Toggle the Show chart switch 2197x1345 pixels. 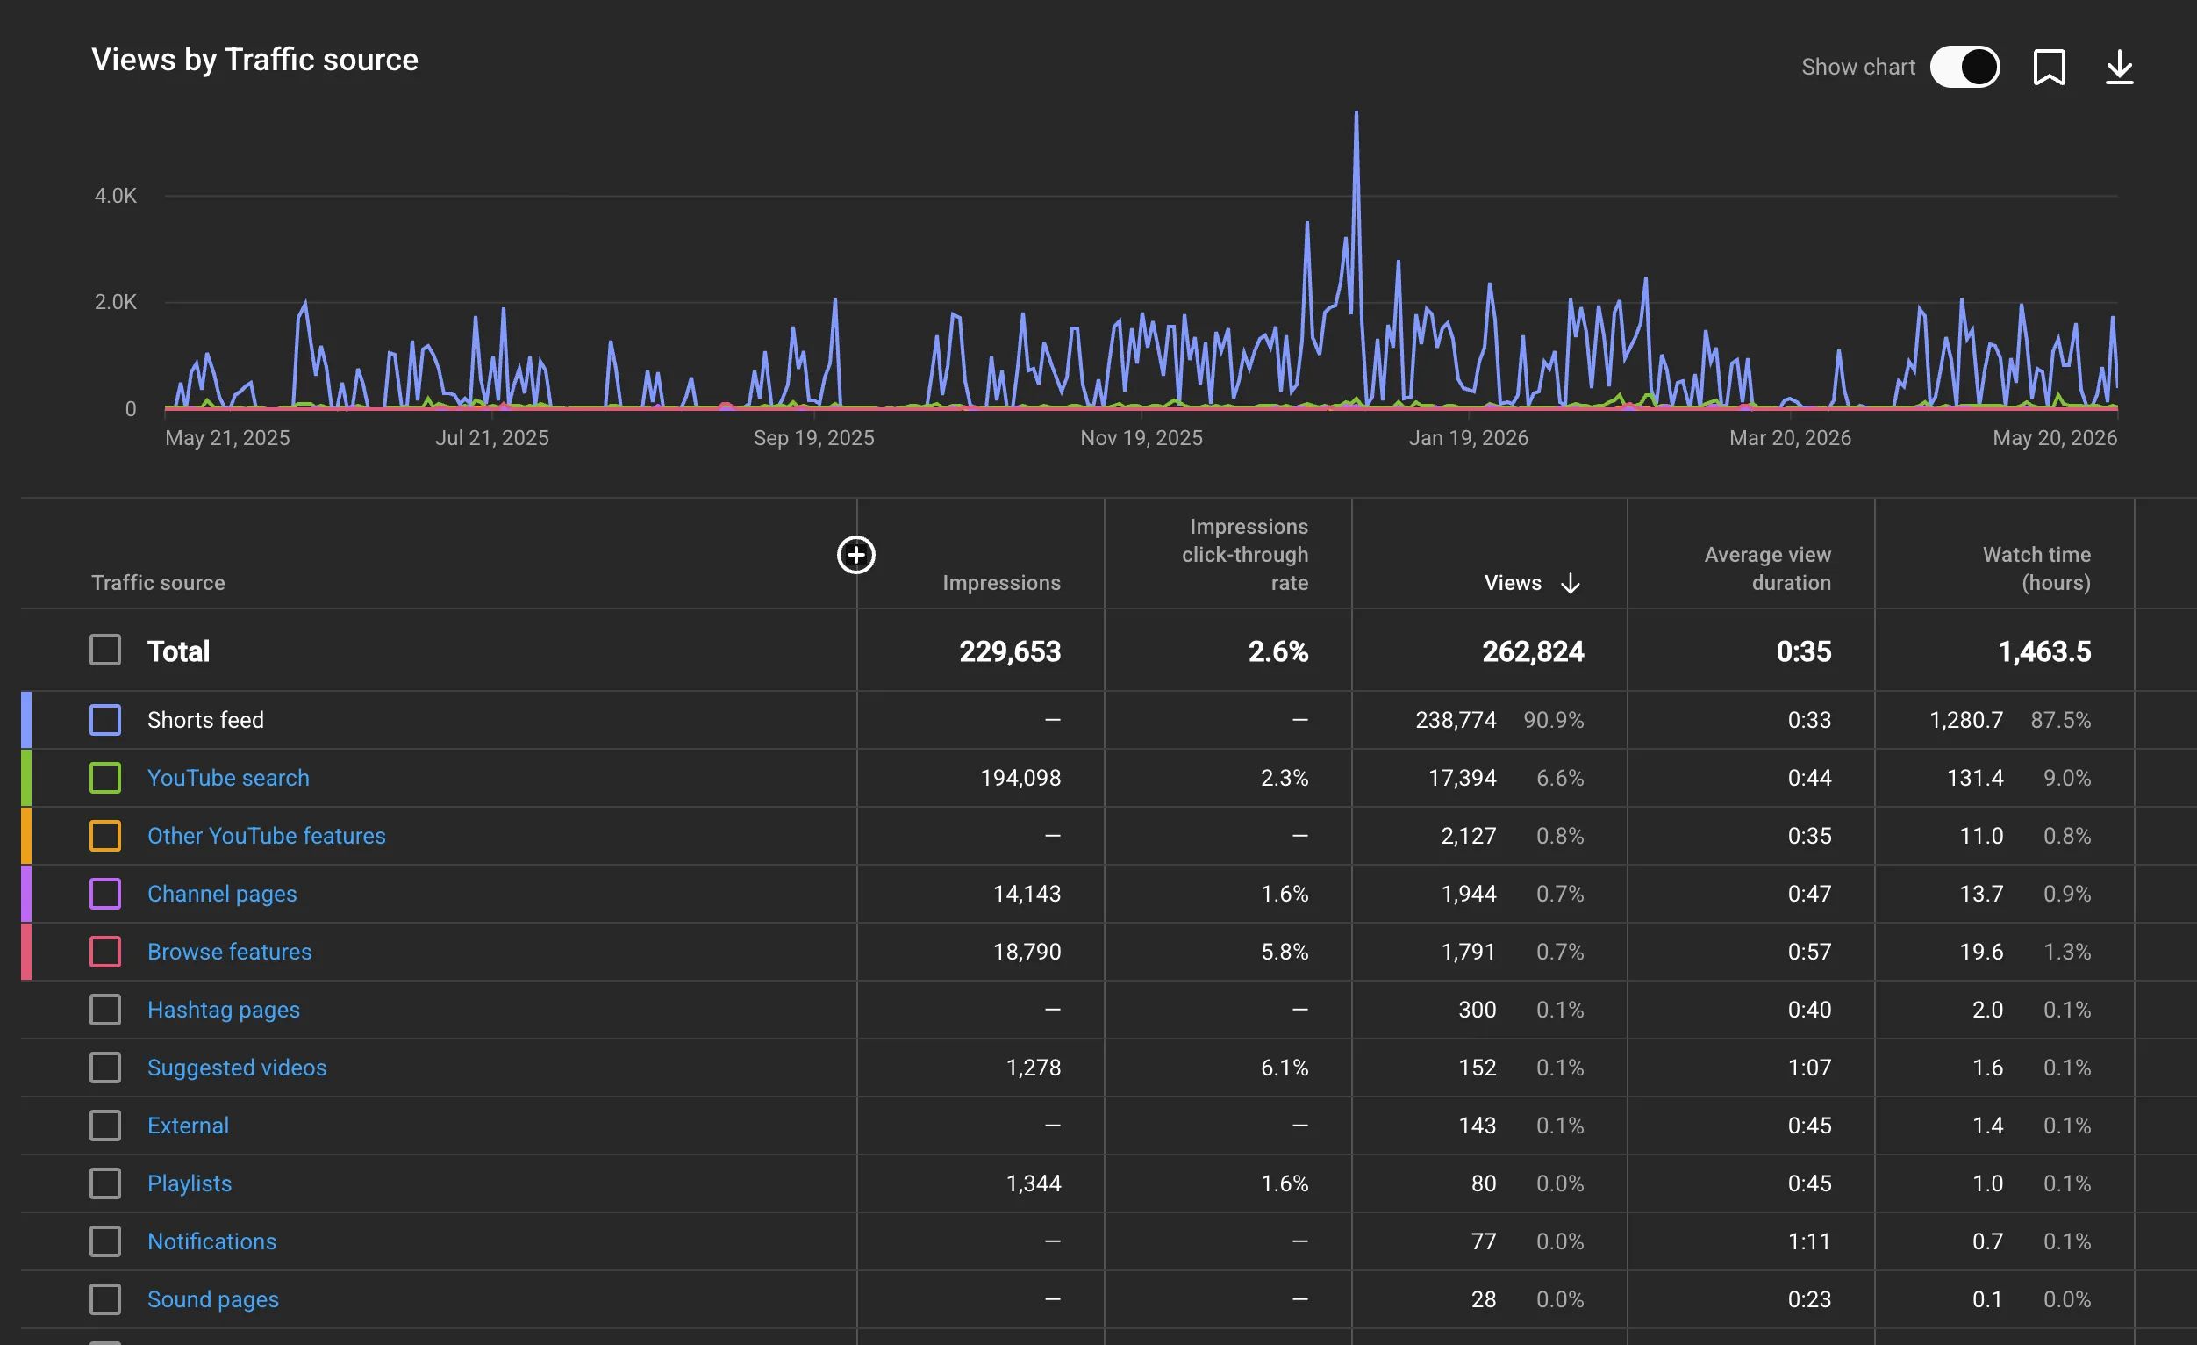pyautogui.click(x=1964, y=67)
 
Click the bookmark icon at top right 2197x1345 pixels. pyautogui.click(x=2049, y=67)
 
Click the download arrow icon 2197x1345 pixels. pyautogui.click(x=2119, y=67)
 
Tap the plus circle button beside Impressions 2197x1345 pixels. pyautogui.click(x=856, y=555)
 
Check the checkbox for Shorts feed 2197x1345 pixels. pyautogui.click(x=105, y=720)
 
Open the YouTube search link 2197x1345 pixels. pyautogui.click(x=228, y=778)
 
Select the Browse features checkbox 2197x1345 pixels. pyautogui.click(x=105, y=952)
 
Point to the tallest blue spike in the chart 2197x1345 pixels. pyautogui.click(x=1356, y=113)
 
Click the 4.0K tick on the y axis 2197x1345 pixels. pyautogui.click(x=116, y=195)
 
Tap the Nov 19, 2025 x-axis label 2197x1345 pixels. pyautogui.click(x=1141, y=438)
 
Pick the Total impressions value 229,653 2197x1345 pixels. pyautogui.click(x=1010, y=651)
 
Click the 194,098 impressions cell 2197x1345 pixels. pyautogui.click(x=1021, y=778)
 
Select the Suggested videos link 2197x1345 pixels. pyautogui.click(x=237, y=1068)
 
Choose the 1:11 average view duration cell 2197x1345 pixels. pyautogui.click(x=1809, y=1241)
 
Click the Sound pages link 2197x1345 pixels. pyautogui.click(x=213, y=1299)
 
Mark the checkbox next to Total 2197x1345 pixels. pyautogui.click(x=105, y=651)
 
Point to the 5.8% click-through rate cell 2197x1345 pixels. pyautogui.click(x=1285, y=952)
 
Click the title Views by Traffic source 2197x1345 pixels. pyautogui.click(x=255, y=60)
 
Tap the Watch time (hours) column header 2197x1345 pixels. pyautogui.click(x=2036, y=568)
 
